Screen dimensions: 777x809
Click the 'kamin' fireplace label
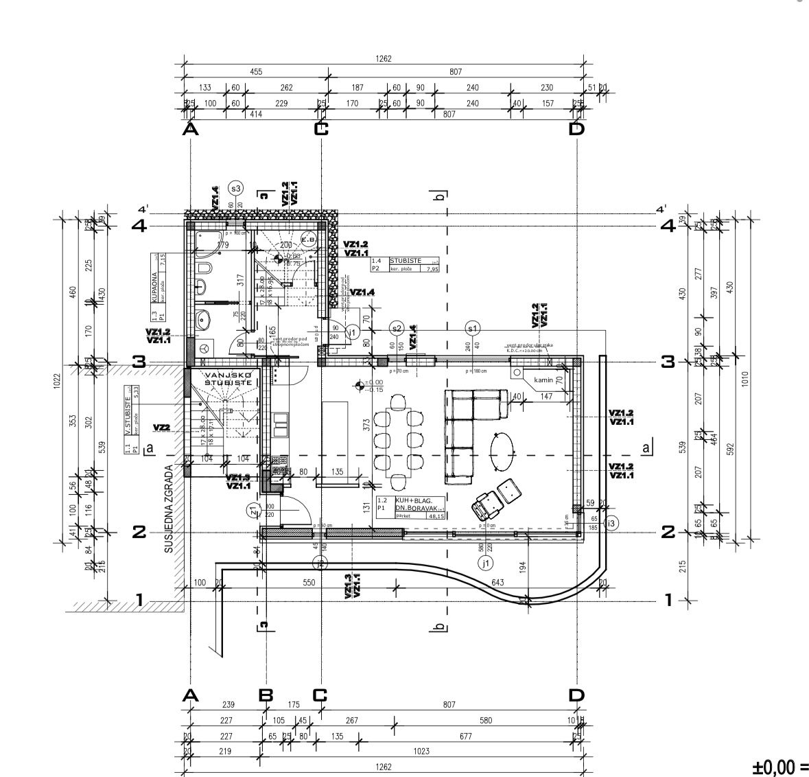pyautogui.click(x=543, y=380)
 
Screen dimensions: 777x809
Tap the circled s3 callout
pyautogui.click(x=236, y=188)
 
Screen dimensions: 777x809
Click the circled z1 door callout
pyautogui.click(x=253, y=511)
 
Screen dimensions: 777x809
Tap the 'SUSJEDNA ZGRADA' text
pyautogui.click(x=168, y=509)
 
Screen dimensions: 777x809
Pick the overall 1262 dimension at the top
pyautogui.click(x=384, y=59)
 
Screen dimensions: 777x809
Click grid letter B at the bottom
pyautogui.click(x=266, y=695)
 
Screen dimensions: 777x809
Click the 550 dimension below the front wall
pyautogui.click(x=308, y=583)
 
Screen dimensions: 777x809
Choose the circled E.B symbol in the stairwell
pyautogui.click(x=308, y=239)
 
